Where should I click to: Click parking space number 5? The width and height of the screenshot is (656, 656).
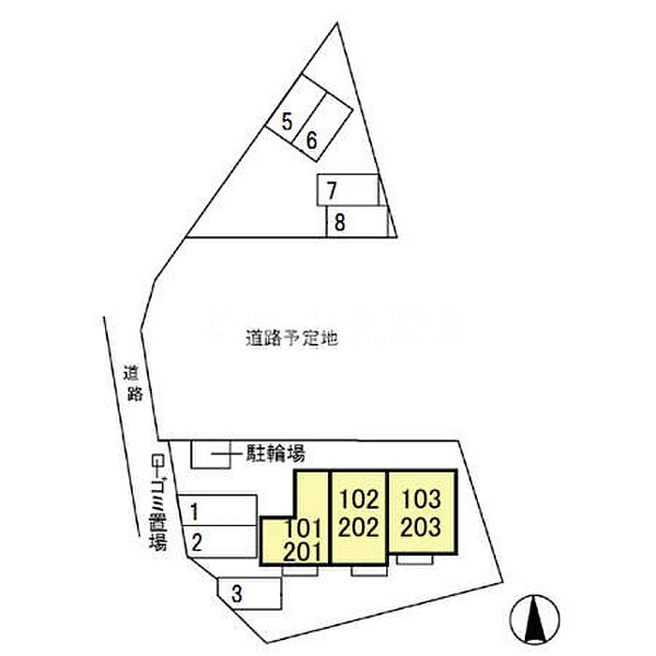pos(288,121)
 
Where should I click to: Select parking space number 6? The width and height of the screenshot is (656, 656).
pos(312,141)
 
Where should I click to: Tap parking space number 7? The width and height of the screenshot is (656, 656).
pos(332,190)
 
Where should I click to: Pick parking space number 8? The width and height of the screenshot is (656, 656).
pos(340,223)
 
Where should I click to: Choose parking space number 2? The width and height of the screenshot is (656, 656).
pos(197,541)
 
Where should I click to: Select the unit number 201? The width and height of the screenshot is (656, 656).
pos(303,551)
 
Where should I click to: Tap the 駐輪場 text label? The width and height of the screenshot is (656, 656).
pos(276,455)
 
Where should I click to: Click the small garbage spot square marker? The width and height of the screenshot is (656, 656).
pos(157,460)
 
